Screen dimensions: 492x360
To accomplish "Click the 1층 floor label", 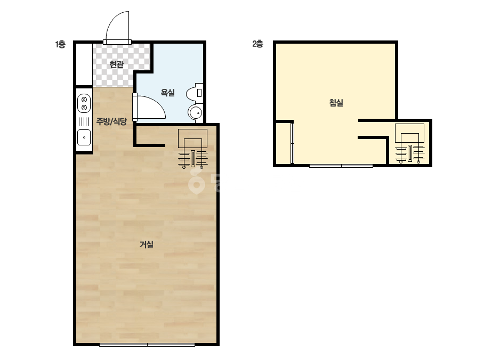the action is (x=60, y=45).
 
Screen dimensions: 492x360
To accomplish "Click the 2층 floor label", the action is (x=257, y=44).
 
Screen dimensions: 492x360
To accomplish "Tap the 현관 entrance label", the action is (x=116, y=64).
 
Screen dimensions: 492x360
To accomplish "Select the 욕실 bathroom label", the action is (x=167, y=93).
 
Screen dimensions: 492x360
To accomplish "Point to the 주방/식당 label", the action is (x=111, y=121).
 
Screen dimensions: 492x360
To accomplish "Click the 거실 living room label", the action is (x=146, y=244).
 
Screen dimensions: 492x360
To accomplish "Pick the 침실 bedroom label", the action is (x=336, y=103).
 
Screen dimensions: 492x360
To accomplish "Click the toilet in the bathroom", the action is (x=195, y=93).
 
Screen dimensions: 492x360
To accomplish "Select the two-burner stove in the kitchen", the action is (x=84, y=103).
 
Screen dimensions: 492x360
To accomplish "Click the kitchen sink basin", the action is (x=84, y=137).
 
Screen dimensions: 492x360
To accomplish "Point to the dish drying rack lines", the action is (x=84, y=121).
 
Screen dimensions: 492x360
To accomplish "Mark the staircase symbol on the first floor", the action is (x=192, y=149).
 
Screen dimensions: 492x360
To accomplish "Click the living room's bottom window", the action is (x=147, y=345).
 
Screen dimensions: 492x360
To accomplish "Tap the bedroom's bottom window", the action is (x=341, y=166).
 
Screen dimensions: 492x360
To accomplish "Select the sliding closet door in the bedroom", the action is (x=293, y=143).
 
